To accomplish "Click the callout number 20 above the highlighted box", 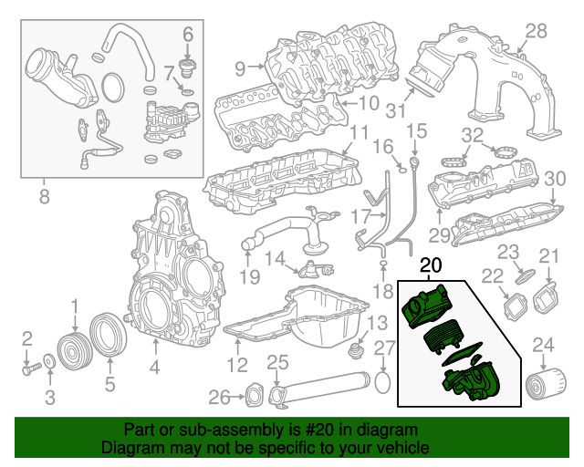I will pyautogui.click(x=429, y=266).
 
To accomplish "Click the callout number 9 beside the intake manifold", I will pyautogui.click(x=241, y=67).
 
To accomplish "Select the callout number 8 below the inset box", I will pyautogui.click(x=44, y=194).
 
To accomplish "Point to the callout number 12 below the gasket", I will pyautogui.click(x=237, y=367).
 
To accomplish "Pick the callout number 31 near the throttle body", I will pyautogui.click(x=393, y=112).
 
